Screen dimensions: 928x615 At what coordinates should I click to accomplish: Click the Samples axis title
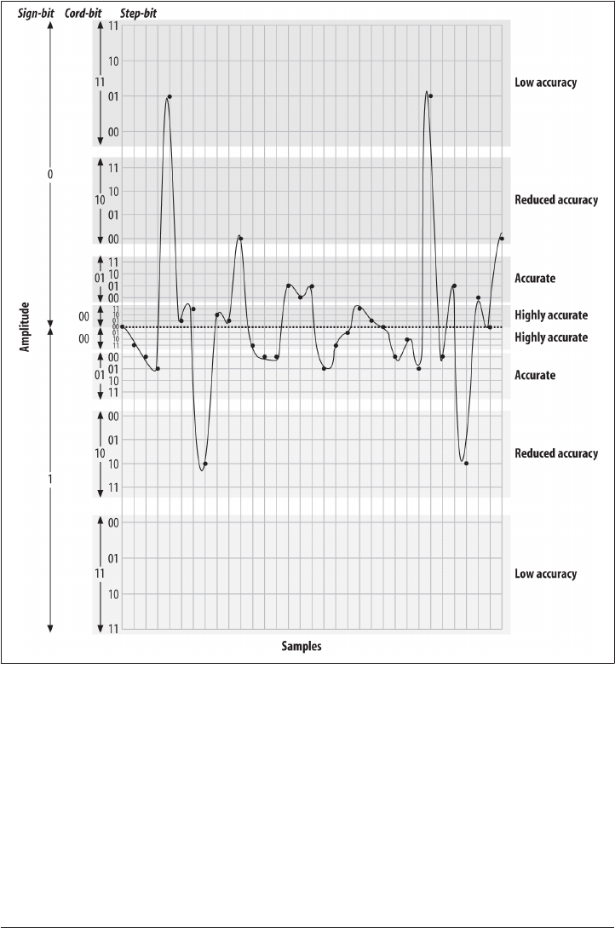pyautogui.click(x=302, y=647)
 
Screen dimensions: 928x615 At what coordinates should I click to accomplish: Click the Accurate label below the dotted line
pyautogui.click(x=535, y=375)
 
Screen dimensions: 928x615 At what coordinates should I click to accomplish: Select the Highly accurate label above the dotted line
pyautogui.click(x=551, y=315)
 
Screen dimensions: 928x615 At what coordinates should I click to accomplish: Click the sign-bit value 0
pyautogui.click(x=50, y=174)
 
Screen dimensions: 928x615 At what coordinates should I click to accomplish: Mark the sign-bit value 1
pyautogui.click(x=50, y=480)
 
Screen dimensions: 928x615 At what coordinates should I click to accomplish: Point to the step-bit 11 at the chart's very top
pyautogui.click(x=113, y=26)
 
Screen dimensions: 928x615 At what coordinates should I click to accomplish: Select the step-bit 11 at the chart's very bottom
pyautogui.click(x=113, y=628)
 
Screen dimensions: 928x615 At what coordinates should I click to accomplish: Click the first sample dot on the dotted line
pyautogui.click(x=123, y=326)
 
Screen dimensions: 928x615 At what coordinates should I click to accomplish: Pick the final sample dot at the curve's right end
pyautogui.click(x=502, y=239)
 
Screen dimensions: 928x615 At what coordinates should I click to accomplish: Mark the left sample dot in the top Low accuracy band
pyautogui.click(x=170, y=96)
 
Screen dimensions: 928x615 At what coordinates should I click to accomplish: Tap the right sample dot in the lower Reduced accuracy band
pyautogui.click(x=466, y=463)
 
